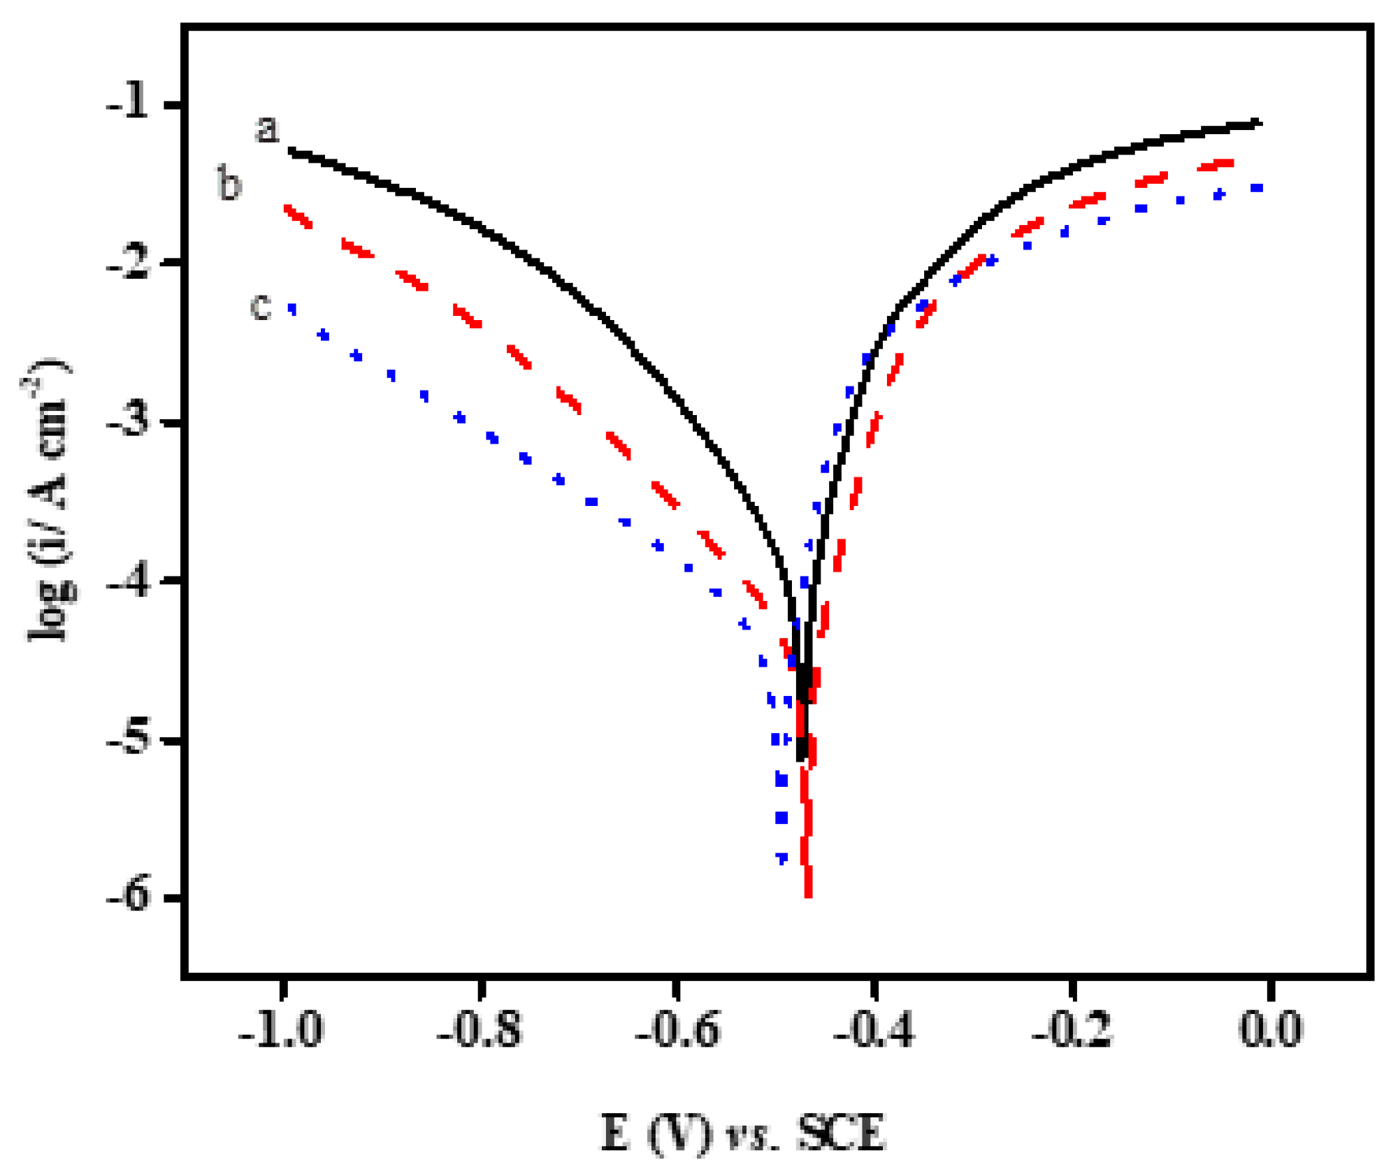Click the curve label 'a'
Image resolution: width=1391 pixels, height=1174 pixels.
(x=266, y=129)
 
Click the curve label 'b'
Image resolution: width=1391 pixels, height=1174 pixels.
(x=229, y=183)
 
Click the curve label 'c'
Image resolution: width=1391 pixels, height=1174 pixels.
(x=260, y=306)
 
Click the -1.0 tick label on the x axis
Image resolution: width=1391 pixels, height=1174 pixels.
(x=281, y=1030)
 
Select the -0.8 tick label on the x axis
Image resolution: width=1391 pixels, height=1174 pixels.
(x=480, y=1030)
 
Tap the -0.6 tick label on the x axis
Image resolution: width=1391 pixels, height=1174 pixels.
(x=677, y=1030)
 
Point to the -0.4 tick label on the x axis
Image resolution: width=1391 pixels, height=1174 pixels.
(x=874, y=1030)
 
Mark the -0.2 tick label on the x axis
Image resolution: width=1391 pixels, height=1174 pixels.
(x=1072, y=1030)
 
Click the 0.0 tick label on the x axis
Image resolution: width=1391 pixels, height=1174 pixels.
(x=1271, y=1030)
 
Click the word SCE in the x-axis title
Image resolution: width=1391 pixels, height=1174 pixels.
(x=842, y=1132)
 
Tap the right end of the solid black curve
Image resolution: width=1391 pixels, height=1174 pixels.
(x=1259, y=123)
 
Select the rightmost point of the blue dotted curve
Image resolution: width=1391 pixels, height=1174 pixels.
(x=1257, y=187)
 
